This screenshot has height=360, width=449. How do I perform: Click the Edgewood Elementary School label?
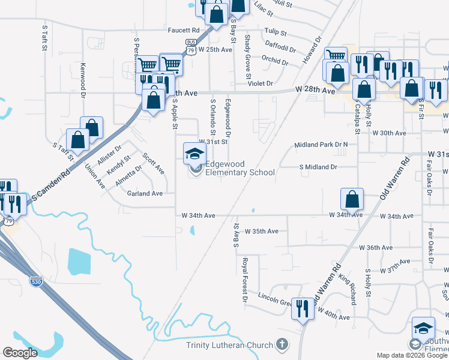[x=240, y=168]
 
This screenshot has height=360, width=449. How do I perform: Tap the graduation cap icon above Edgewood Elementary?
[x=194, y=153]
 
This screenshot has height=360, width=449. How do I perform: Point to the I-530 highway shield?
[x=36, y=281]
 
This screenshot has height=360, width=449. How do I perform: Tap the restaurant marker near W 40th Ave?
[x=301, y=309]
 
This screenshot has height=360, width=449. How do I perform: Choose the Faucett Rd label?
[x=184, y=30]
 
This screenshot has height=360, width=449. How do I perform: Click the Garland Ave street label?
[x=145, y=194]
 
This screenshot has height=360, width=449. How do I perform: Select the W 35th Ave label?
[x=262, y=231]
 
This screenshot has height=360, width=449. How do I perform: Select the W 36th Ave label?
[x=375, y=247]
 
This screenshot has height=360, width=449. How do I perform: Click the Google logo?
[x=20, y=353]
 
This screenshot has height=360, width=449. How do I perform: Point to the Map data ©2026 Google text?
[x=411, y=355]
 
